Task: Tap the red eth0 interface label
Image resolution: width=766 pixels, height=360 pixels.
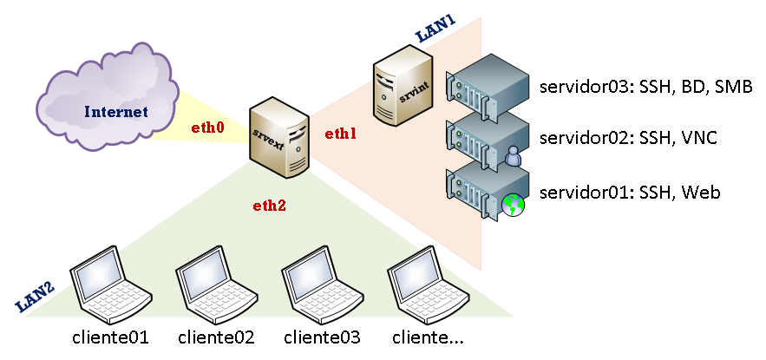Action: point(208,128)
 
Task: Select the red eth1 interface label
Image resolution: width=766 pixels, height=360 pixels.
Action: point(341,134)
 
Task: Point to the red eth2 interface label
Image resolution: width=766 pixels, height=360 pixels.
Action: point(269,206)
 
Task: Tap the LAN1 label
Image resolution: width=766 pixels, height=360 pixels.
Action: point(435,32)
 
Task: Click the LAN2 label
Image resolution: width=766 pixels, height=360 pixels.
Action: point(36,297)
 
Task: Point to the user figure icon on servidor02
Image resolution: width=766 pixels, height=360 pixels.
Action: point(514,156)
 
